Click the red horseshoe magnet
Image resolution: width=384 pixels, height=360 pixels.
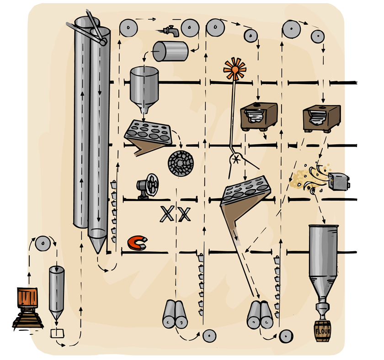click(x=137, y=243)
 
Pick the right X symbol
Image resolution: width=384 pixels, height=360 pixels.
click(x=184, y=214)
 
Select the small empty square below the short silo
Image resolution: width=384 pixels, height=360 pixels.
click(x=58, y=333)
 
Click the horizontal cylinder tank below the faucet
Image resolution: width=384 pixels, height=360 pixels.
click(x=171, y=51)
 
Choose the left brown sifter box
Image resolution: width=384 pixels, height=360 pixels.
click(x=259, y=116)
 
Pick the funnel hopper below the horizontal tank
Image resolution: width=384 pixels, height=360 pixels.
click(x=144, y=88)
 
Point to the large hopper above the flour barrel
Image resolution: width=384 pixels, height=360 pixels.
click(x=322, y=256)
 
